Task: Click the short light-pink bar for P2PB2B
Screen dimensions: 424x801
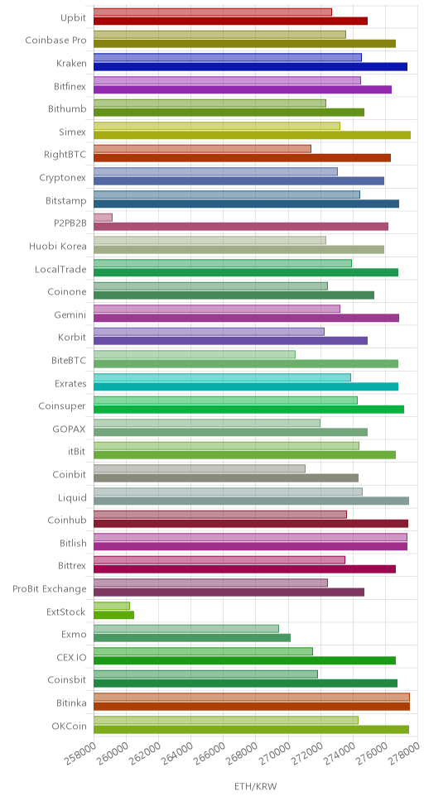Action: [x=103, y=218]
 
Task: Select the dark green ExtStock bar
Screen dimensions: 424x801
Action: [x=114, y=615]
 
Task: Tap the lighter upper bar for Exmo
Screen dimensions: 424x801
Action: [x=186, y=628]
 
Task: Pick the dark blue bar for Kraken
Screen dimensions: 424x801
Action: [x=251, y=66]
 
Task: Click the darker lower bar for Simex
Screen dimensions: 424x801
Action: [x=252, y=135]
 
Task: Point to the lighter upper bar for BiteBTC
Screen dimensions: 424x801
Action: [x=195, y=354]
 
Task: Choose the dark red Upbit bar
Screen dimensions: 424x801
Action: [x=231, y=21]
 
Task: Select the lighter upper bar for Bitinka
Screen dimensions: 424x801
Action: [x=252, y=697]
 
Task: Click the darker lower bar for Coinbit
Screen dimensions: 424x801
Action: [x=226, y=477]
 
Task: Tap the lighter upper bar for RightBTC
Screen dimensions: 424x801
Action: [x=203, y=149]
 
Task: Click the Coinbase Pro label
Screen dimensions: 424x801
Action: [x=55, y=41]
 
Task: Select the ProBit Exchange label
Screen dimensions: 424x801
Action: [x=50, y=589]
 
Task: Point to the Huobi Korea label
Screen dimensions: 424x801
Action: [x=58, y=247]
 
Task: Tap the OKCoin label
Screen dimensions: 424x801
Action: [x=69, y=726]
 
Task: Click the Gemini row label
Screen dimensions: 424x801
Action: [x=70, y=314]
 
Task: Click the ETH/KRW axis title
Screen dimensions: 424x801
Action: [x=255, y=785]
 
